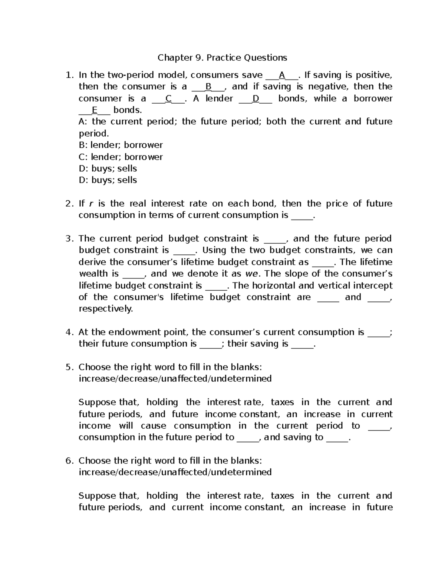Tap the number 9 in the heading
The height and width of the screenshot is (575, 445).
pos(198,58)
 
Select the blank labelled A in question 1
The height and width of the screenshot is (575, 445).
pos(282,76)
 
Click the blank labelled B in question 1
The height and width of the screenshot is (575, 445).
pos(208,87)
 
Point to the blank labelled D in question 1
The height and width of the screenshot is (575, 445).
pos(256,99)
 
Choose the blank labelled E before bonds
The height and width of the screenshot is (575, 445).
pos(94,110)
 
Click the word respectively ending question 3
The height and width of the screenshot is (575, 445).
pos(105,309)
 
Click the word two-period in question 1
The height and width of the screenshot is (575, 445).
pos(131,76)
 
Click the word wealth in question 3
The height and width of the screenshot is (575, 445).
pos(93,274)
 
